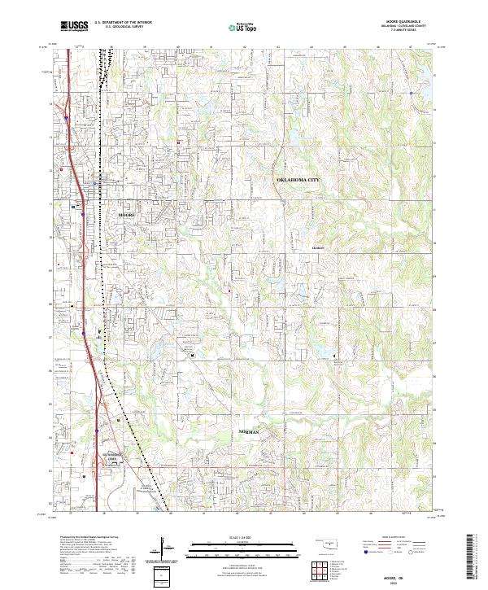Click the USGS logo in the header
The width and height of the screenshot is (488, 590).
point(73,27)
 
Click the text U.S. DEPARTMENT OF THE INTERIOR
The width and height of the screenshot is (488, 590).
point(123,22)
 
